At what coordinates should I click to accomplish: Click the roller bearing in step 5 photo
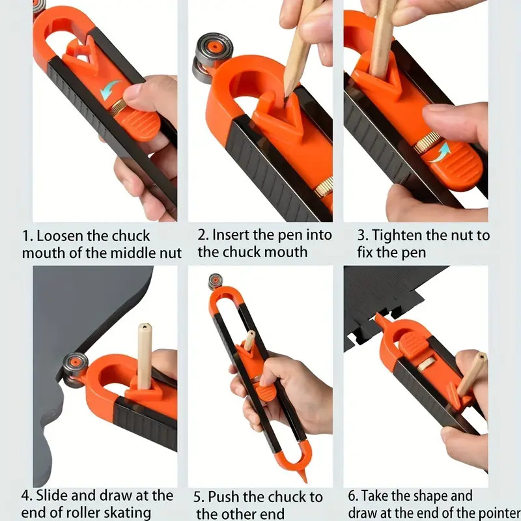tap(216, 281)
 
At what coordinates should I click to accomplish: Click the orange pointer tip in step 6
tap(379, 318)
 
